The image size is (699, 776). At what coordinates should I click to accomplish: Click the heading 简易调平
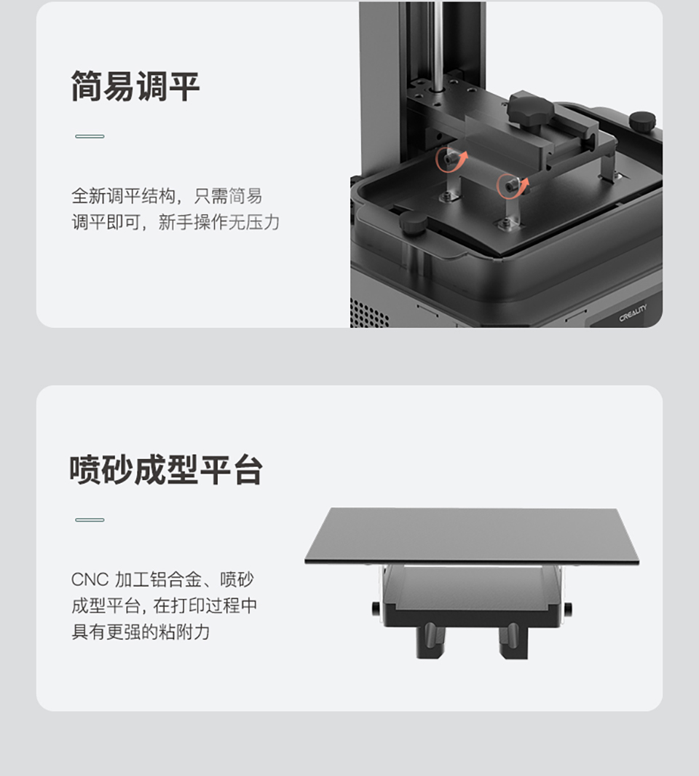click(135, 87)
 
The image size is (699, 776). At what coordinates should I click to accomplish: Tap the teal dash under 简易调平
click(90, 136)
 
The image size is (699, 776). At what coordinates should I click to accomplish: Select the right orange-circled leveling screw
click(510, 186)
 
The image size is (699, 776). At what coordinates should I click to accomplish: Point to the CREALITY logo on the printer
click(633, 313)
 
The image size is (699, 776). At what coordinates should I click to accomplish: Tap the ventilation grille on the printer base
click(368, 313)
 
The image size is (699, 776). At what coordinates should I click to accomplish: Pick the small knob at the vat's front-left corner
click(413, 225)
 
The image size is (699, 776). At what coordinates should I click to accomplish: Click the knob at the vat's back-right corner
click(642, 121)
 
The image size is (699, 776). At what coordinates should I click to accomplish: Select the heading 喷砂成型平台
click(166, 470)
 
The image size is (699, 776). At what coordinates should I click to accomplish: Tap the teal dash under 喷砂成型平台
click(90, 520)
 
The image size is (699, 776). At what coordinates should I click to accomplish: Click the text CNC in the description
click(90, 579)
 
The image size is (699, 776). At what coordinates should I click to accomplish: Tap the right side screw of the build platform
click(568, 607)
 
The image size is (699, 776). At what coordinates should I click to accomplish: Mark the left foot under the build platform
click(429, 640)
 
